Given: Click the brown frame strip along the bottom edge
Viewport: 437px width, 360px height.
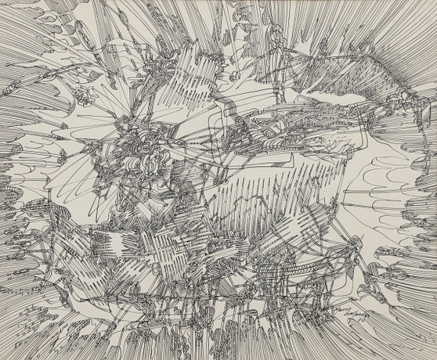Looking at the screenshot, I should (218, 357).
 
